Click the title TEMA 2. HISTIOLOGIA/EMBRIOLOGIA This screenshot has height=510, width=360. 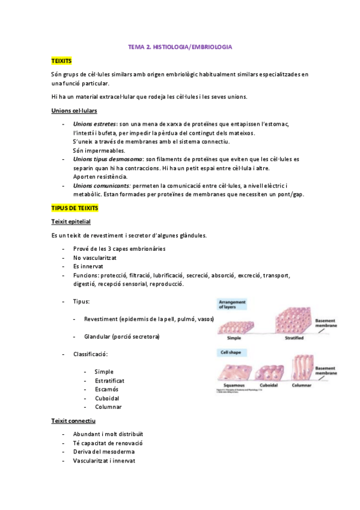tap(180, 46)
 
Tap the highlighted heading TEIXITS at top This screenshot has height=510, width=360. tap(61, 61)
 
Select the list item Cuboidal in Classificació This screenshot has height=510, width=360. tap(107, 398)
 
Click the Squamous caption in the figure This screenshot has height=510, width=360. tap(233, 385)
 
